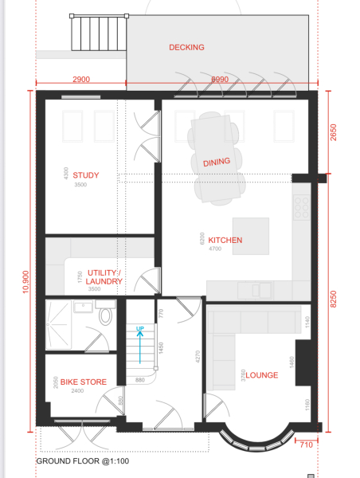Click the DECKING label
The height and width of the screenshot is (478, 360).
[186, 47]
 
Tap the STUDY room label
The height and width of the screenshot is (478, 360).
[86, 175]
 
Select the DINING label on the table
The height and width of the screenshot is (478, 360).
[217, 162]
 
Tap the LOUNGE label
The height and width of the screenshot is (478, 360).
[261, 375]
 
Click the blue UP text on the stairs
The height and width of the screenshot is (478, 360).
[140, 329]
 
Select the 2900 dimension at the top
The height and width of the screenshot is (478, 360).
[80, 80]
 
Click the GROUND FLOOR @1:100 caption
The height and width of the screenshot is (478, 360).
[82, 461]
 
